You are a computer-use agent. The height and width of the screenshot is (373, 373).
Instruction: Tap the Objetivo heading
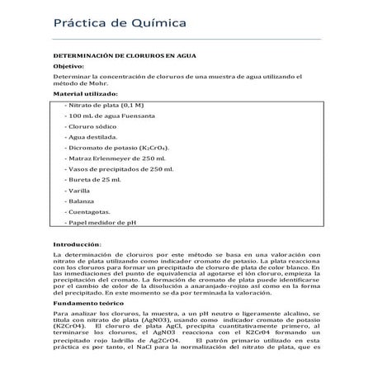pyautogui.click(x=68, y=66)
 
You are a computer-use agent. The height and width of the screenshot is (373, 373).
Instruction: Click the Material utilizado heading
pyautogui.click(x=86, y=94)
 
